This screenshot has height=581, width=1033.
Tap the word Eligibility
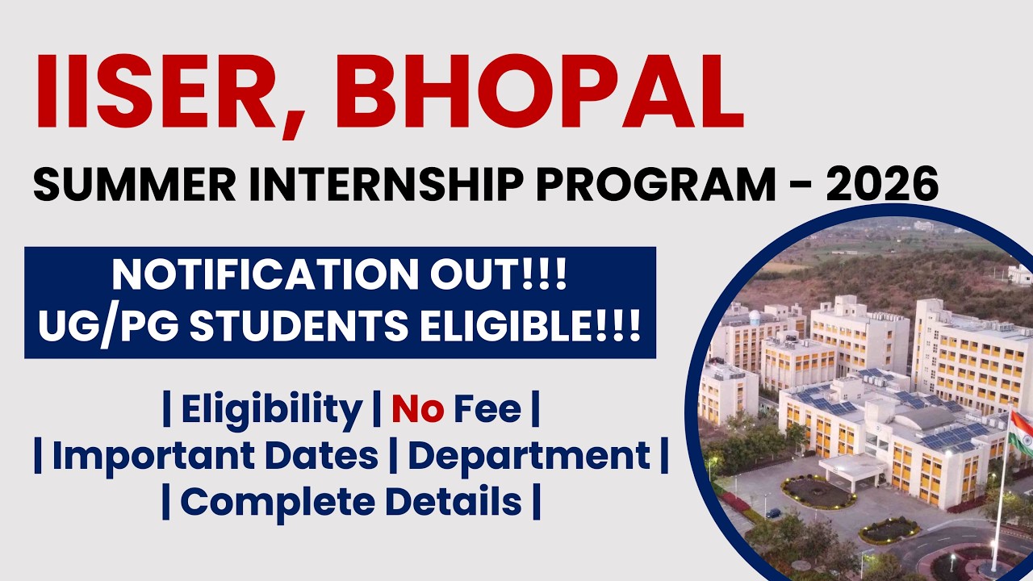pyautogui.click(x=271, y=410)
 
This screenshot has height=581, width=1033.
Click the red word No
pyautogui.click(x=417, y=410)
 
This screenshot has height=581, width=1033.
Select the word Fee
pyautogui.click(x=487, y=410)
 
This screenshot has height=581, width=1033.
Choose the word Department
pyautogui.click(x=529, y=456)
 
